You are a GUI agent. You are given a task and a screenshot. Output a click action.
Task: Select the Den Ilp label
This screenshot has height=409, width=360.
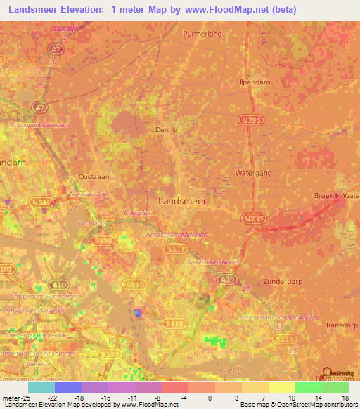[169, 130]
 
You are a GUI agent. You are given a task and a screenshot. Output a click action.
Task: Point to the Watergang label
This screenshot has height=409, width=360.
[252, 171]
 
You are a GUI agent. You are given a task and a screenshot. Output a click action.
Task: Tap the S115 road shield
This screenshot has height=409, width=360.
[285, 339]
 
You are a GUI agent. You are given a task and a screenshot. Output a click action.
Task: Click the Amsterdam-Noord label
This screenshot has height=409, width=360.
[212, 261]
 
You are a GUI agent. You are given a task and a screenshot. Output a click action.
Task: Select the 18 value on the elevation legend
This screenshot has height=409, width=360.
[345, 397]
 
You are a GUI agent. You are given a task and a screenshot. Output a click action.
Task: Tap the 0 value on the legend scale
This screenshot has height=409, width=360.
[210, 397]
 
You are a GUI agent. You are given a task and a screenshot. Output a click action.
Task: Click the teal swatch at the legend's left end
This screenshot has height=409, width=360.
[41, 387]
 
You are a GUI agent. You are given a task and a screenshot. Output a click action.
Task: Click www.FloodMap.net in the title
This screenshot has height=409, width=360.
[219, 10]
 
